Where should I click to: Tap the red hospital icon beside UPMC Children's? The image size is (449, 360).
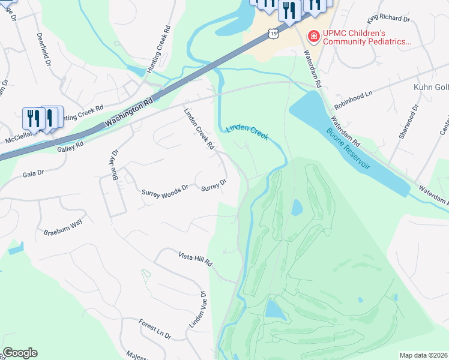pyautogui.click(x=313, y=37)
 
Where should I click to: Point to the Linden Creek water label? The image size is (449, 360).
pyautogui.click(x=247, y=131)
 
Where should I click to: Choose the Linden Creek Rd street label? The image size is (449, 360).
pyautogui.click(x=199, y=128)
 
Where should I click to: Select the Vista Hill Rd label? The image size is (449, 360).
pyautogui.click(x=195, y=259)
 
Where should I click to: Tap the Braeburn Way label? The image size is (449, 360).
pyautogui.click(x=62, y=227)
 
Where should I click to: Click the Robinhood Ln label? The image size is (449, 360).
pyautogui.click(x=354, y=95)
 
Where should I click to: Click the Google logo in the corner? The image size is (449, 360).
pyautogui.click(x=20, y=353)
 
